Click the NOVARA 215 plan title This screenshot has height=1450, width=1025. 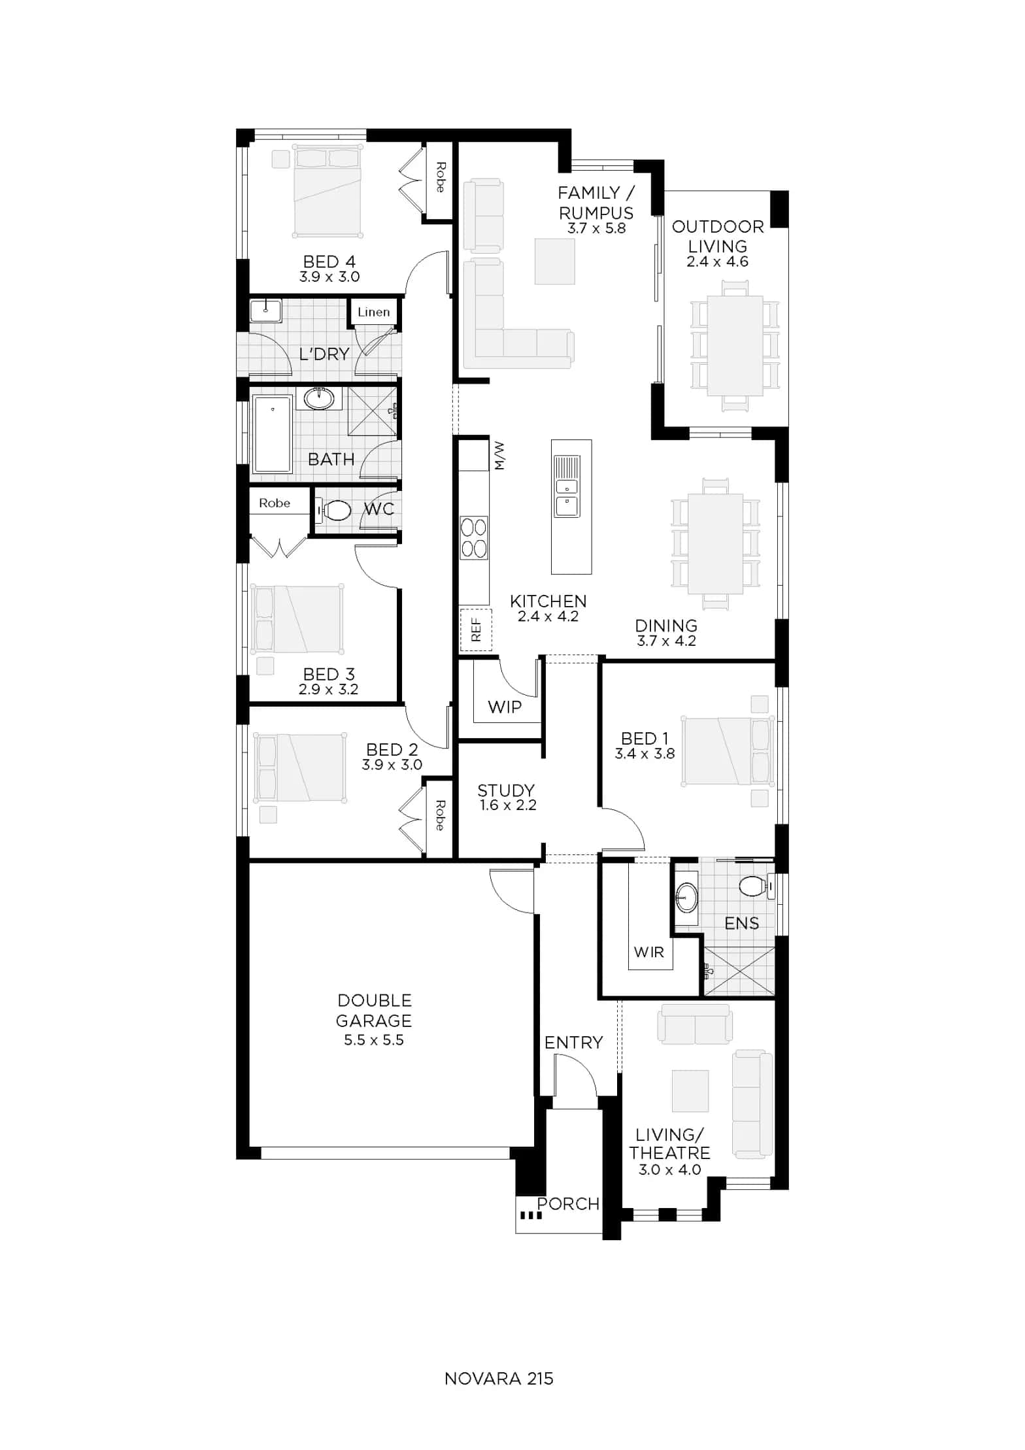pos(499,1378)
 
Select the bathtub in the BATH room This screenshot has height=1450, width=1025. pos(272,434)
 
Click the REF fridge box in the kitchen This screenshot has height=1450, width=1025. pos(475,630)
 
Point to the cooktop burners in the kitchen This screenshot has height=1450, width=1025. pos(474,537)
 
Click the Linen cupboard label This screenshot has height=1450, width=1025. pos(373,312)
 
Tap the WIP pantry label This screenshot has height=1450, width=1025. pos(505,707)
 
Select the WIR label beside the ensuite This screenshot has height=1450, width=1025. pos(648,952)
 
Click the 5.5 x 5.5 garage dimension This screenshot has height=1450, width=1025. pos(374,1040)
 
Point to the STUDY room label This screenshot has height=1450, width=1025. pos(506,790)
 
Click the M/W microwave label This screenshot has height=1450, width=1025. pos(499,456)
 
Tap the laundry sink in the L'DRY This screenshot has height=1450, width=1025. pos(265,311)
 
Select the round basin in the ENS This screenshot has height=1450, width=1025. pos(686,897)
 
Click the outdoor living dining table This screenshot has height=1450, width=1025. pos(735,346)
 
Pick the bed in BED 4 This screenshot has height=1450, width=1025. pos(328,190)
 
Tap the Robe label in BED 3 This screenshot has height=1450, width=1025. pos(275,503)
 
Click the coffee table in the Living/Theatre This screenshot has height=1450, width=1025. pos(690,1090)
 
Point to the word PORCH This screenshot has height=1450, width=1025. pos(568,1204)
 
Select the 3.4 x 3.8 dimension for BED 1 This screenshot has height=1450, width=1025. pos(645,754)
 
